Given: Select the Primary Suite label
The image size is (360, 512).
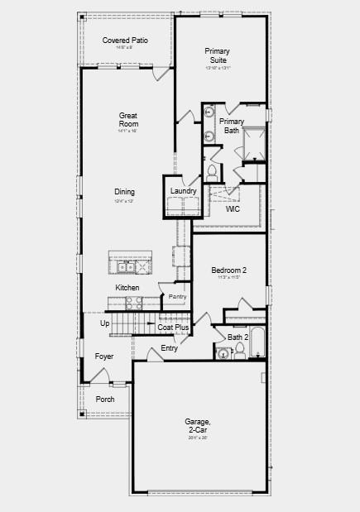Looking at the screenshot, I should (x=217, y=55).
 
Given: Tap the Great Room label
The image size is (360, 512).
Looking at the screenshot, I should (x=128, y=120).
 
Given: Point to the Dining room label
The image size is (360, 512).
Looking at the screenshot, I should (x=125, y=192).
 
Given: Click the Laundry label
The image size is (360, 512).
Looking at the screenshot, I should (x=183, y=191).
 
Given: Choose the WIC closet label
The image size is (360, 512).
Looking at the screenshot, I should (x=233, y=209).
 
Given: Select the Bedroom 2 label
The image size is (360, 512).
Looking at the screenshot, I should (x=228, y=270).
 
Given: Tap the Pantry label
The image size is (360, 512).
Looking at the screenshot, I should (x=177, y=296).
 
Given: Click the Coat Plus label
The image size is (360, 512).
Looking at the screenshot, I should (x=174, y=328).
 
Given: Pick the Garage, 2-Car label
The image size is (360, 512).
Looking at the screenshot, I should (x=198, y=426).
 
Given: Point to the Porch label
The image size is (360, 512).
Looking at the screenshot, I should (x=105, y=399).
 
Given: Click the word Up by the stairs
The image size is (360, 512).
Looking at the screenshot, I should (x=105, y=323).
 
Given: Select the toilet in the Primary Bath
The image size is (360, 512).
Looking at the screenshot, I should (x=212, y=172).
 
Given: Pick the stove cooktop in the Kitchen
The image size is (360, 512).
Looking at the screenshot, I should (x=133, y=304).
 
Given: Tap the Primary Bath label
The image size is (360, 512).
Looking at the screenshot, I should (x=232, y=126).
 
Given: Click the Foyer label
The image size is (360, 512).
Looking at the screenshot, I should (x=104, y=356).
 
